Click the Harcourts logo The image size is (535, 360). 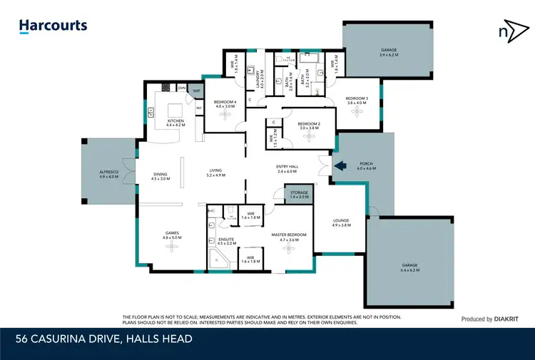53,26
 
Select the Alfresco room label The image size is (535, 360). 110,174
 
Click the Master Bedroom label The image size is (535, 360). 289,237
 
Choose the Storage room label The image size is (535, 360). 299,194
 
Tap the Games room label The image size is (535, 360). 171,235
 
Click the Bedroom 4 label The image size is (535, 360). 225,104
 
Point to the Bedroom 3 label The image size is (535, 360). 356,100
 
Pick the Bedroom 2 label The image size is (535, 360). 309,126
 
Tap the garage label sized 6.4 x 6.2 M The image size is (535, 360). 410,267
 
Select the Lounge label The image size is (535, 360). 341,222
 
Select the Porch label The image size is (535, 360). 365,167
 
